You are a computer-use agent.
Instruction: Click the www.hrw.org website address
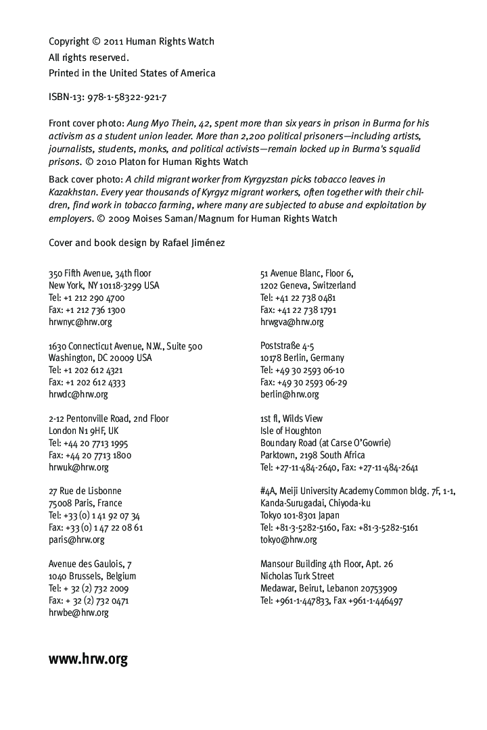click(x=88, y=659)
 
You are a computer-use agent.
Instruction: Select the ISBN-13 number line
click(x=108, y=97)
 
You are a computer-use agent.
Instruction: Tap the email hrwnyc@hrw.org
click(x=80, y=322)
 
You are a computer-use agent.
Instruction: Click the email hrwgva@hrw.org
click(x=292, y=322)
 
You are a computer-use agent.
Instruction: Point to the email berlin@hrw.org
click(x=289, y=394)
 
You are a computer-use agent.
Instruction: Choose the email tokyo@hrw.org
click(x=288, y=539)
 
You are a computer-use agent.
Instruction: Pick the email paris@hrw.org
click(x=76, y=539)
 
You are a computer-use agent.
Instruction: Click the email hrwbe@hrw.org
click(x=78, y=612)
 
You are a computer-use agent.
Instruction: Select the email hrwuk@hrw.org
click(x=78, y=467)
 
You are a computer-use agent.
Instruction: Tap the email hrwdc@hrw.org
click(x=78, y=394)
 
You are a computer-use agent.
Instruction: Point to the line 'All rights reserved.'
click(x=89, y=57)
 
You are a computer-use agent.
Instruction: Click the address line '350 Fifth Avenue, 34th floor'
click(x=100, y=273)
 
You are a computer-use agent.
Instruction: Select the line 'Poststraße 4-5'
click(x=287, y=346)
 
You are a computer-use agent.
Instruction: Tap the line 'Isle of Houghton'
click(x=291, y=431)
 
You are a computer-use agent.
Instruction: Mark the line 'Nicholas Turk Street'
click(x=297, y=576)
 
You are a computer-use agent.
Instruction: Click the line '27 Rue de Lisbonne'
click(x=85, y=491)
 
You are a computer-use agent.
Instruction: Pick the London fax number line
click(x=90, y=455)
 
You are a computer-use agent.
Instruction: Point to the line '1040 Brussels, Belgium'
click(x=92, y=576)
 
